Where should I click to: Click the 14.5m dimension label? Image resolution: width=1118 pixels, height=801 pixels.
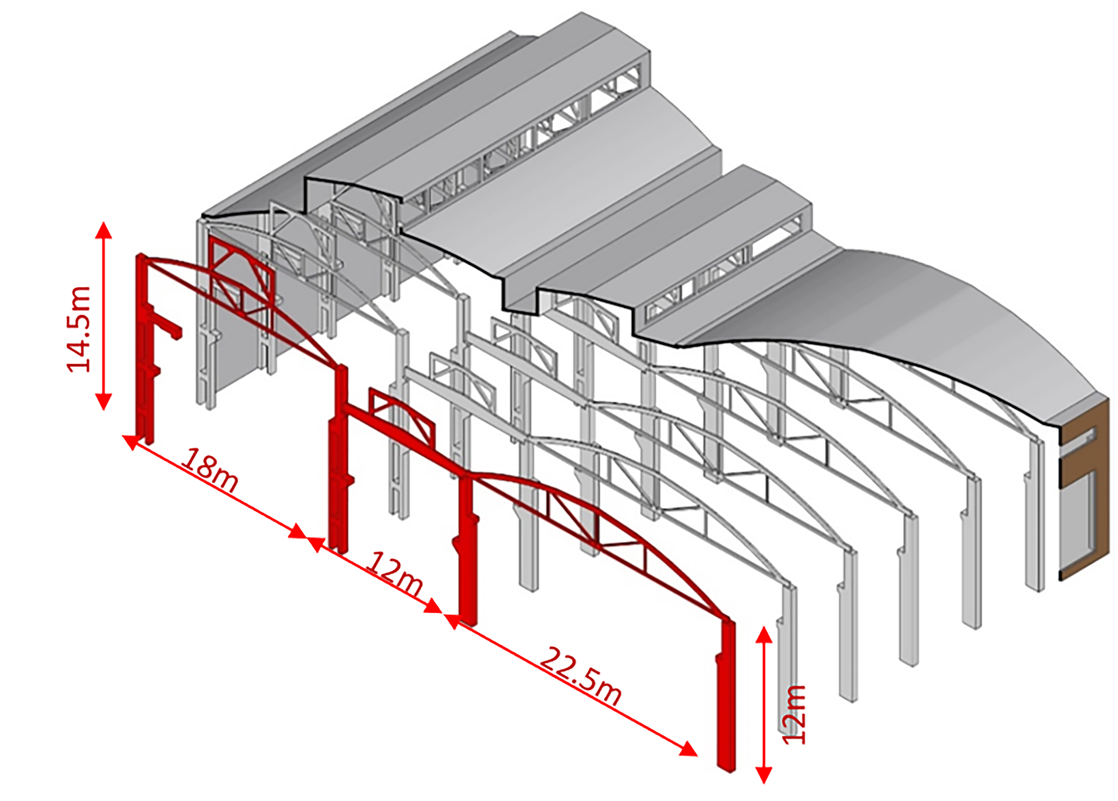point(79,329)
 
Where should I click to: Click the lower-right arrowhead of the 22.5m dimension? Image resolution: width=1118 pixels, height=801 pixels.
point(689,750)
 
